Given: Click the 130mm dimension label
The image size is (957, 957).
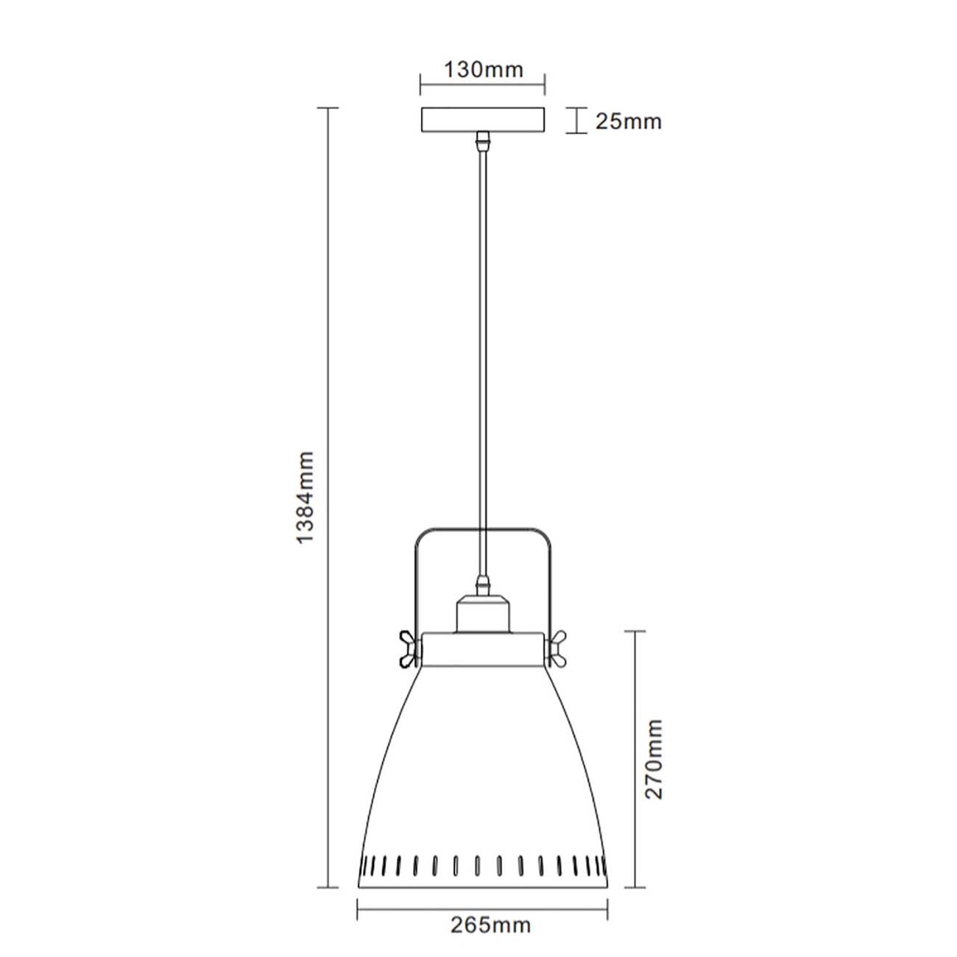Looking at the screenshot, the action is pyautogui.click(x=483, y=70).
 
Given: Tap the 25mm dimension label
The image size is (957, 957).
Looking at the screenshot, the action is pyautogui.click(x=628, y=121).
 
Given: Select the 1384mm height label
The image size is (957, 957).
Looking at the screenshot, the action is pyautogui.click(x=305, y=498).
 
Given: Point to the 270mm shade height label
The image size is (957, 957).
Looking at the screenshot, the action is pyautogui.click(x=653, y=759).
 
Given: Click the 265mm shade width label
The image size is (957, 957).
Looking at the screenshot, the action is pyautogui.click(x=491, y=925).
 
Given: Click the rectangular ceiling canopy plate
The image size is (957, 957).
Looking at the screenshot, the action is pyautogui.click(x=483, y=120).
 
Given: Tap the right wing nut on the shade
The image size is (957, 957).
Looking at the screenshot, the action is pyautogui.click(x=557, y=649).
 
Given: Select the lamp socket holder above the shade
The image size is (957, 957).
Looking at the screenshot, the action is pyautogui.click(x=483, y=615).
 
